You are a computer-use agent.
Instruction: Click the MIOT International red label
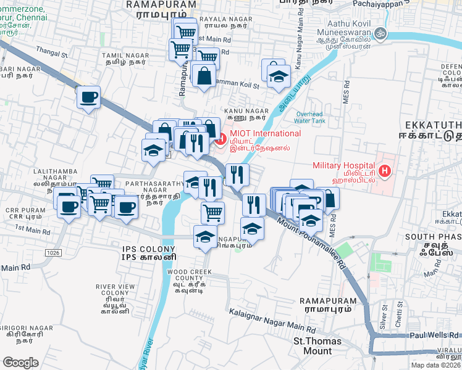tap(265, 134)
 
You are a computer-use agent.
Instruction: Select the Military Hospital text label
tap(343, 165)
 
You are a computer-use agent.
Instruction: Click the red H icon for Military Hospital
tap(385, 171)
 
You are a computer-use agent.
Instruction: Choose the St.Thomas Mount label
tap(313, 346)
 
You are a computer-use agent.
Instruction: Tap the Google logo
tap(20, 362)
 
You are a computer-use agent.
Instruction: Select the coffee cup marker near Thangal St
tap(89, 97)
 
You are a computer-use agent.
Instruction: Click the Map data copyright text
tap(436, 365)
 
